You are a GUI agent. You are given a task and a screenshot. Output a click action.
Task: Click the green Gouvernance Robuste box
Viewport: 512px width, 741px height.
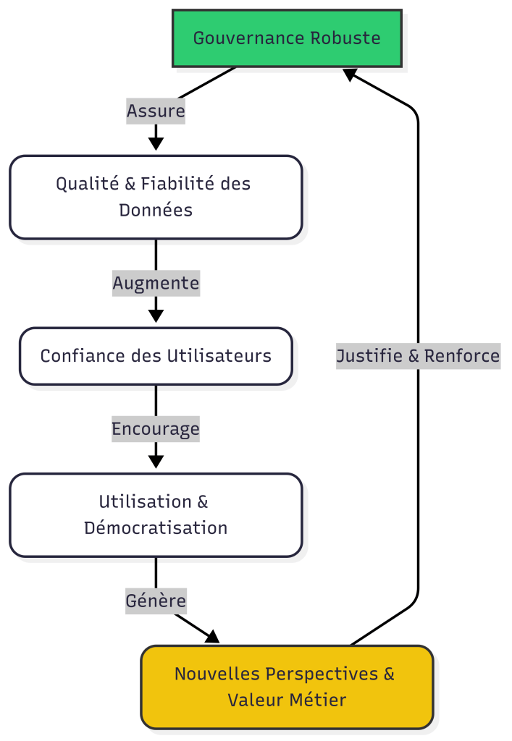(x=287, y=38)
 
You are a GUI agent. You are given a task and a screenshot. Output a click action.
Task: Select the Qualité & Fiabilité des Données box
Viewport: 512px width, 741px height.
(x=156, y=197)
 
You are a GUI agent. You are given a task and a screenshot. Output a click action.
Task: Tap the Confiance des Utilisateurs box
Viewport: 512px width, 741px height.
(x=156, y=356)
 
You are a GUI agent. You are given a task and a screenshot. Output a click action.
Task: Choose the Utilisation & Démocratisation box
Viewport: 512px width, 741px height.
(x=156, y=515)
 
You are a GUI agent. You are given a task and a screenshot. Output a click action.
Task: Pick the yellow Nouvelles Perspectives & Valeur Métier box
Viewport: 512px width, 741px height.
(x=287, y=687)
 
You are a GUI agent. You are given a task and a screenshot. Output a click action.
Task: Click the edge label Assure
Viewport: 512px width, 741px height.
(x=156, y=111)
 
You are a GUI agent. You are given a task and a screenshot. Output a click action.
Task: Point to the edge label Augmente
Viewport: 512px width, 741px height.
(x=156, y=283)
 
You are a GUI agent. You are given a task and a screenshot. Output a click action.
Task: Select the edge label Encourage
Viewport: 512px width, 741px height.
(x=156, y=429)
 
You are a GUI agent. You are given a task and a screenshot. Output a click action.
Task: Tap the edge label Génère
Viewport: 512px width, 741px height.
(x=156, y=601)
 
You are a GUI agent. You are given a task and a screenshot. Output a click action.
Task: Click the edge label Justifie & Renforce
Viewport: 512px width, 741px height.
(x=418, y=356)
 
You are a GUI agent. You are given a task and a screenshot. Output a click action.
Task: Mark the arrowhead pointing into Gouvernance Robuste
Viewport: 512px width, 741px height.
(x=351, y=74)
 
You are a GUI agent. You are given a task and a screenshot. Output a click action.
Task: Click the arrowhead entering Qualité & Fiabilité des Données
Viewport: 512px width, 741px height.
(x=156, y=143)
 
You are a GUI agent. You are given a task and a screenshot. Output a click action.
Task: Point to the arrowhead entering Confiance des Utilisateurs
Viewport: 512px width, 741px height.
(x=156, y=316)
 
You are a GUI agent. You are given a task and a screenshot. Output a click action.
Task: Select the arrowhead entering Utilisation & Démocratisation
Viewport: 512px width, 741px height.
(x=156, y=462)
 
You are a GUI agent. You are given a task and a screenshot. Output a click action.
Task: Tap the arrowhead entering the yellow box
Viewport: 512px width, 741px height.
(x=211, y=637)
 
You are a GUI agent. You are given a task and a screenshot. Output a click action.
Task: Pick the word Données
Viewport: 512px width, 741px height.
(x=156, y=211)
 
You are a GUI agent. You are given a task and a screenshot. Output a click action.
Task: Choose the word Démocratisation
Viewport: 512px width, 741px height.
(x=156, y=528)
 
